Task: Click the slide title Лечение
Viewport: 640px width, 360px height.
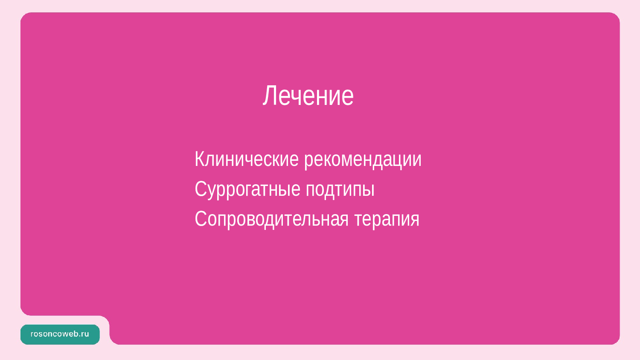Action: (x=308, y=96)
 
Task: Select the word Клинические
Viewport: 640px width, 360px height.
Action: (x=247, y=159)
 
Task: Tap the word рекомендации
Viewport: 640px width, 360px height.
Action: (x=363, y=160)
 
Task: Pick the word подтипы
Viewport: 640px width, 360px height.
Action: (x=340, y=190)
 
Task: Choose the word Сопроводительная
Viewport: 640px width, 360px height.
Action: (x=272, y=220)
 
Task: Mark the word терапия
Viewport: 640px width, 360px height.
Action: (x=387, y=221)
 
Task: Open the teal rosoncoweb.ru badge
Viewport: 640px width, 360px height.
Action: (x=60, y=334)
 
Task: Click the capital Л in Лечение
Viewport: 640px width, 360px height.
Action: (x=269, y=96)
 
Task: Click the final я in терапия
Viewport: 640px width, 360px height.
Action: (x=415, y=221)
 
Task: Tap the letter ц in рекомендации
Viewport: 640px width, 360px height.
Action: (x=401, y=162)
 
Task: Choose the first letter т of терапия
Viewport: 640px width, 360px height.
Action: (x=358, y=221)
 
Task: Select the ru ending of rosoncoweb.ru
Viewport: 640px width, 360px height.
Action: (x=85, y=334)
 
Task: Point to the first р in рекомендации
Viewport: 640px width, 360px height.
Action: (x=308, y=162)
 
